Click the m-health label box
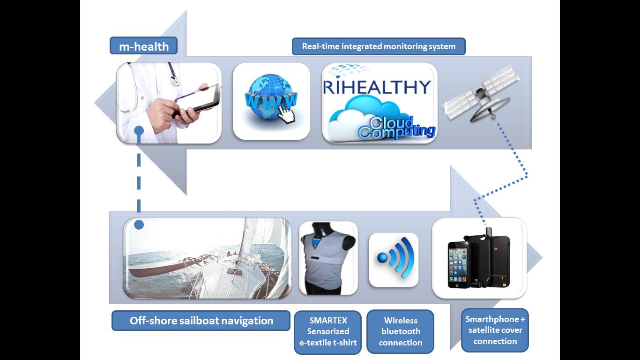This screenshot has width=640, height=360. pos(143,46)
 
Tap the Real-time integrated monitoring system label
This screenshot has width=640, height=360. pos(379,46)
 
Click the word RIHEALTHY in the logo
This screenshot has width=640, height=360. pos(377,87)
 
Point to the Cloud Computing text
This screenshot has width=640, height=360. pos(397,128)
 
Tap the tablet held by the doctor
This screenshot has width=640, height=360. pos(198,98)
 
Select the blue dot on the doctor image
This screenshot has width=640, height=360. pos(139,131)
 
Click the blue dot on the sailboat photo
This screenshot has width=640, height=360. pos(139,225)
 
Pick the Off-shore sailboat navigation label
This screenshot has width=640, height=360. pos(201,321)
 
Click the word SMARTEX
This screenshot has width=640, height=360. pos(328,320)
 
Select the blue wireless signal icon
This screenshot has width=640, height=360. pos(395,258)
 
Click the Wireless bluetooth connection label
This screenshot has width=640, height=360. pos(400,332)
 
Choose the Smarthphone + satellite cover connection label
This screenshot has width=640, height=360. pos(495,330)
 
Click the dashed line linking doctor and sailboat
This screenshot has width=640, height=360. pos(139,178)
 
